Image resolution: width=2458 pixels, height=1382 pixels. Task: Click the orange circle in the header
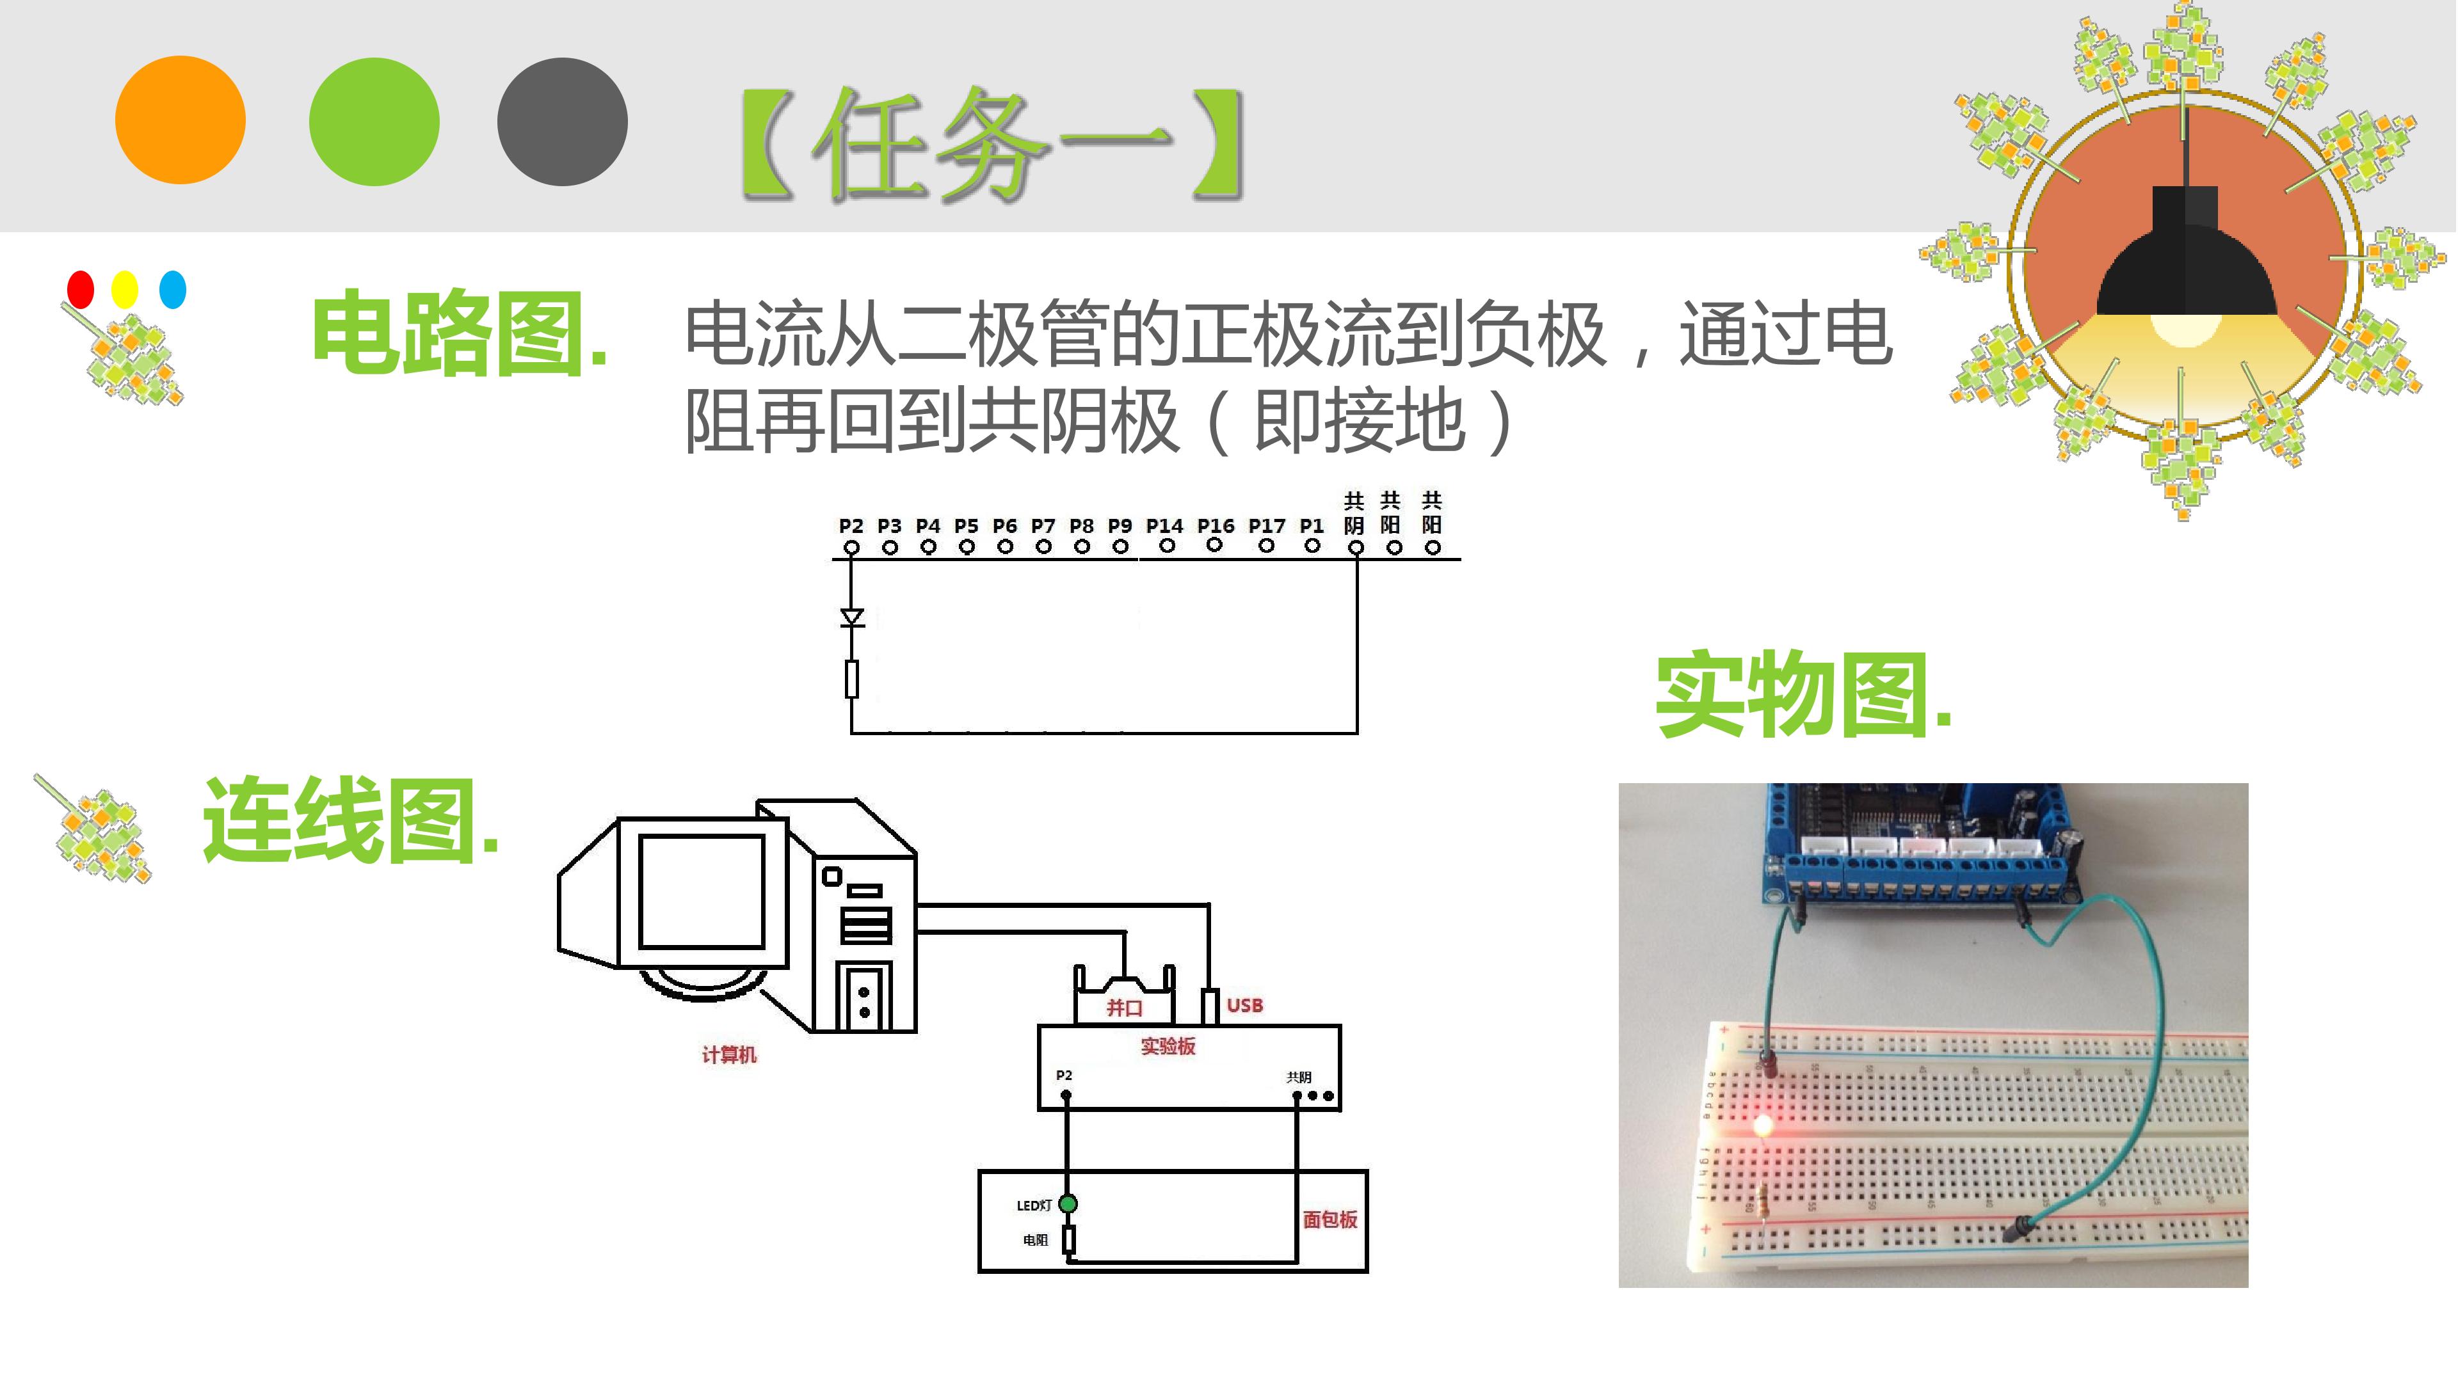[181, 120]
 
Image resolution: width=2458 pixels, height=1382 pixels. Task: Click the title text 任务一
[992, 145]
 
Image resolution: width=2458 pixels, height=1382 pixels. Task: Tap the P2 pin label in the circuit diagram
[851, 525]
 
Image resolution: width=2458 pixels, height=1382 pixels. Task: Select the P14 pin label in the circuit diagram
[1164, 525]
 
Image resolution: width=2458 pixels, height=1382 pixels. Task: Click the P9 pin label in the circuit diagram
[1120, 525]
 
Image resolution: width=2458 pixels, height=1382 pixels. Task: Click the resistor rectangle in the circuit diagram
[852, 679]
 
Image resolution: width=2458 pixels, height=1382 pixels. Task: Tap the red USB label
[1244, 1005]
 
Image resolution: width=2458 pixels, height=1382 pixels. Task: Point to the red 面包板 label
[1330, 1219]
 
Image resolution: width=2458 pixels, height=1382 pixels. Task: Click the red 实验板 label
[1168, 1046]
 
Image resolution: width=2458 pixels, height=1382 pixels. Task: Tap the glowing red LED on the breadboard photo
[1762, 1125]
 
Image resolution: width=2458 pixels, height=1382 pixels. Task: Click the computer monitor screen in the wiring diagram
[702, 891]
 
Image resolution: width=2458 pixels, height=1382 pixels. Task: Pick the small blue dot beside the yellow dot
[173, 289]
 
